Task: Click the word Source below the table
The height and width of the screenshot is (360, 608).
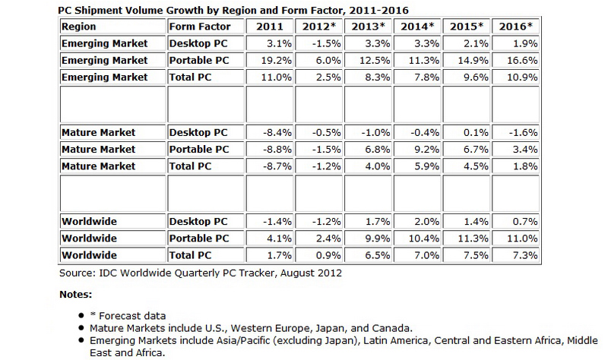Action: tap(78, 271)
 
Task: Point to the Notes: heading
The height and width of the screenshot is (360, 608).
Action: tap(76, 294)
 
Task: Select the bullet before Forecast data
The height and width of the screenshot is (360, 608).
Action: tap(81, 316)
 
